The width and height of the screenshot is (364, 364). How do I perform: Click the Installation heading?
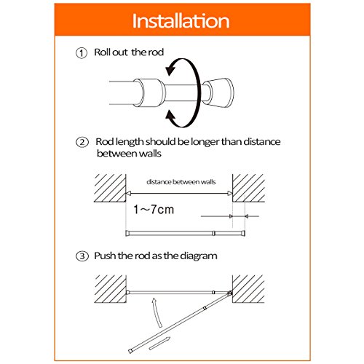tap(181, 21)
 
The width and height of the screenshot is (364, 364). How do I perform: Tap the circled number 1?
tap(82, 53)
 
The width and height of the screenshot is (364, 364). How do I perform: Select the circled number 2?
tap(82, 143)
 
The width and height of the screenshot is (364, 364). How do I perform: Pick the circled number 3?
tap(82, 256)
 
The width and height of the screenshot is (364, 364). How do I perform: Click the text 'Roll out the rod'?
tap(129, 52)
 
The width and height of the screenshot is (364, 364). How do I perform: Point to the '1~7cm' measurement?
tap(154, 209)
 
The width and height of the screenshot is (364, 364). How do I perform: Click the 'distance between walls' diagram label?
tap(181, 182)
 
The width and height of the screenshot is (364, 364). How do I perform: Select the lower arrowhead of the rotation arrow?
tap(170, 116)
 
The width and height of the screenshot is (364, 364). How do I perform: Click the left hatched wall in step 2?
tap(110, 188)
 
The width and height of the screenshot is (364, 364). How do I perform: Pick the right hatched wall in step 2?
tap(248, 188)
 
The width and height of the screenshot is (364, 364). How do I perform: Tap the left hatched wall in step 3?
tap(110, 289)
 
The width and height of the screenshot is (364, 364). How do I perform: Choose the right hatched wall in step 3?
tap(248, 289)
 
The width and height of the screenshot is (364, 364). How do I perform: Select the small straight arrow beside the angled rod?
tap(159, 344)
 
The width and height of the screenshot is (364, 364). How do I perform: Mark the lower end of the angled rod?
tap(130, 352)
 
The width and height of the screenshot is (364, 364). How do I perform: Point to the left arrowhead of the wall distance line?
tap(127, 194)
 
